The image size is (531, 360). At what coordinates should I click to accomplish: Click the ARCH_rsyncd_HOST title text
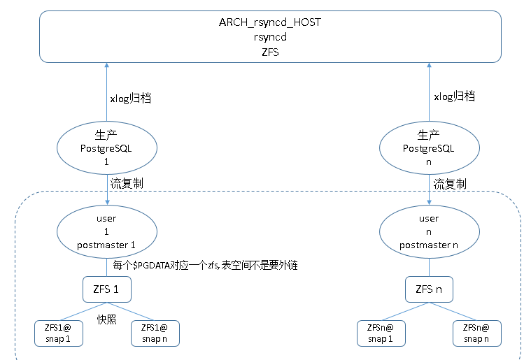pos(270,22)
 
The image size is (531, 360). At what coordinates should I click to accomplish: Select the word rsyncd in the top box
pos(270,37)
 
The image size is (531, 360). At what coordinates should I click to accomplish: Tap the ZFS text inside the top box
pos(270,52)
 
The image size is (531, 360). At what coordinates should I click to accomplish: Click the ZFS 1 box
pos(107,289)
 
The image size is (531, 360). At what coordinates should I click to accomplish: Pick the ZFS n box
pos(429,289)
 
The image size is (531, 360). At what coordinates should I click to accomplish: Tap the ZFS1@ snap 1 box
pos(59,333)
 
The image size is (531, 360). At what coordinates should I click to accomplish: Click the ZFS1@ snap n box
pos(155,333)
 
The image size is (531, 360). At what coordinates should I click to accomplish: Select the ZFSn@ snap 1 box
pos(381,333)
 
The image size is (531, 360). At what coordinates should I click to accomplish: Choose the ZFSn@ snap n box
pos(477,333)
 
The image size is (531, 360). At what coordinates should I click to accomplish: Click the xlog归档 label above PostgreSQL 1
pos(131,98)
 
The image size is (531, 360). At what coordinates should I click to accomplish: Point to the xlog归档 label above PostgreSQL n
pos(455,96)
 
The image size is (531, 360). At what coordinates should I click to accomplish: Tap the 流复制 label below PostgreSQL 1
pos(127,183)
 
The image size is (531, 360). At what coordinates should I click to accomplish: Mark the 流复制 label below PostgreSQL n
pos(450,184)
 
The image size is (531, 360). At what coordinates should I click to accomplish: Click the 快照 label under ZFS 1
pos(106,319)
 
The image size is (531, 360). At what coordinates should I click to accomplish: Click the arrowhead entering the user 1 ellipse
pos(107,202)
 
